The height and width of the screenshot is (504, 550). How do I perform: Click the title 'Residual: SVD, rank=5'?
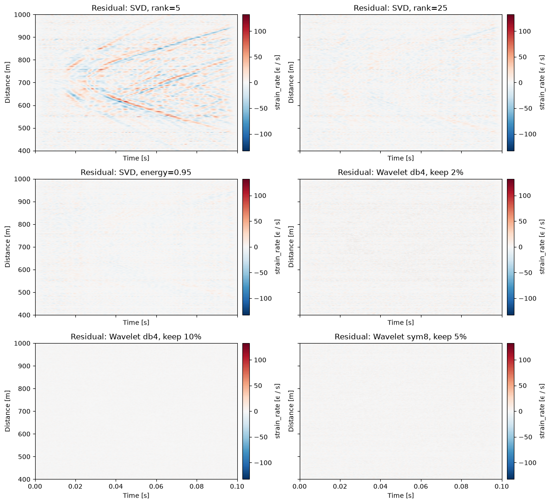(x=136, y=8)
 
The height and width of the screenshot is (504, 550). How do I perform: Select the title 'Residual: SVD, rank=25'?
(x=401, y=8)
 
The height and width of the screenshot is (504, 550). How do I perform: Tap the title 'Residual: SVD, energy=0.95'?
(x=136, y=172)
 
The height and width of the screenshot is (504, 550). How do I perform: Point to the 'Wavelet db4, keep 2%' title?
(x=401, y=172)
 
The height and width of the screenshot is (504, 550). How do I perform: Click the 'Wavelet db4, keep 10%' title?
(x=136, y=337)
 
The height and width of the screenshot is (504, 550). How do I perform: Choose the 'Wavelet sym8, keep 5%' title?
(x=401, y=337)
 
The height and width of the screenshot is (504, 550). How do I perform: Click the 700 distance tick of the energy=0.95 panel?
(x=27, y=247)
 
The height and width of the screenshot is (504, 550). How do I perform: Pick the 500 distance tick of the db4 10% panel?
(x=27, y=457)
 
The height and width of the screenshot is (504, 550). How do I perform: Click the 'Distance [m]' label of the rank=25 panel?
(x=291, y=82)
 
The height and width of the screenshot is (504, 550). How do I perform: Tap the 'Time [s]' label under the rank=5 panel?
(x=136, y=158)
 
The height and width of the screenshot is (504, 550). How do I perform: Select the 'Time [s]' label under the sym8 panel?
(x=401, y=496)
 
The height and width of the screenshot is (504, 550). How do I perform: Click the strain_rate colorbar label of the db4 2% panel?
(x=542, y=247)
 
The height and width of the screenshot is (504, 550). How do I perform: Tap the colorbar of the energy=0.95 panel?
(x=246, y=247)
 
